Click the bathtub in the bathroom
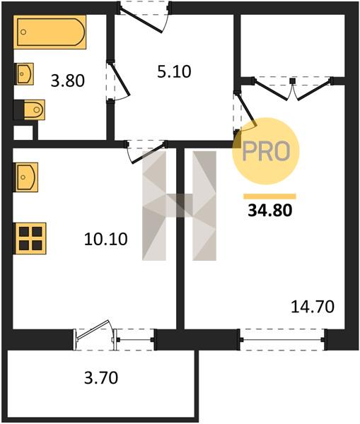50,32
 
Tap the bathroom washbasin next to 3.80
24,73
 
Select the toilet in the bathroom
30,110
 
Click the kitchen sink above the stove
25,177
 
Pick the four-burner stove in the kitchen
30,239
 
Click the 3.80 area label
68,81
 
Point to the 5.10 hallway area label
174,72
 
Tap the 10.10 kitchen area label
105,240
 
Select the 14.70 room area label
313,307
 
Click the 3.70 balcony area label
101,378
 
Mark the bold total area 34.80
270,211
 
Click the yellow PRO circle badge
266,151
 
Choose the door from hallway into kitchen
146,151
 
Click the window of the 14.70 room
282,340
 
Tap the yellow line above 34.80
270,196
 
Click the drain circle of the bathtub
23,33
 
